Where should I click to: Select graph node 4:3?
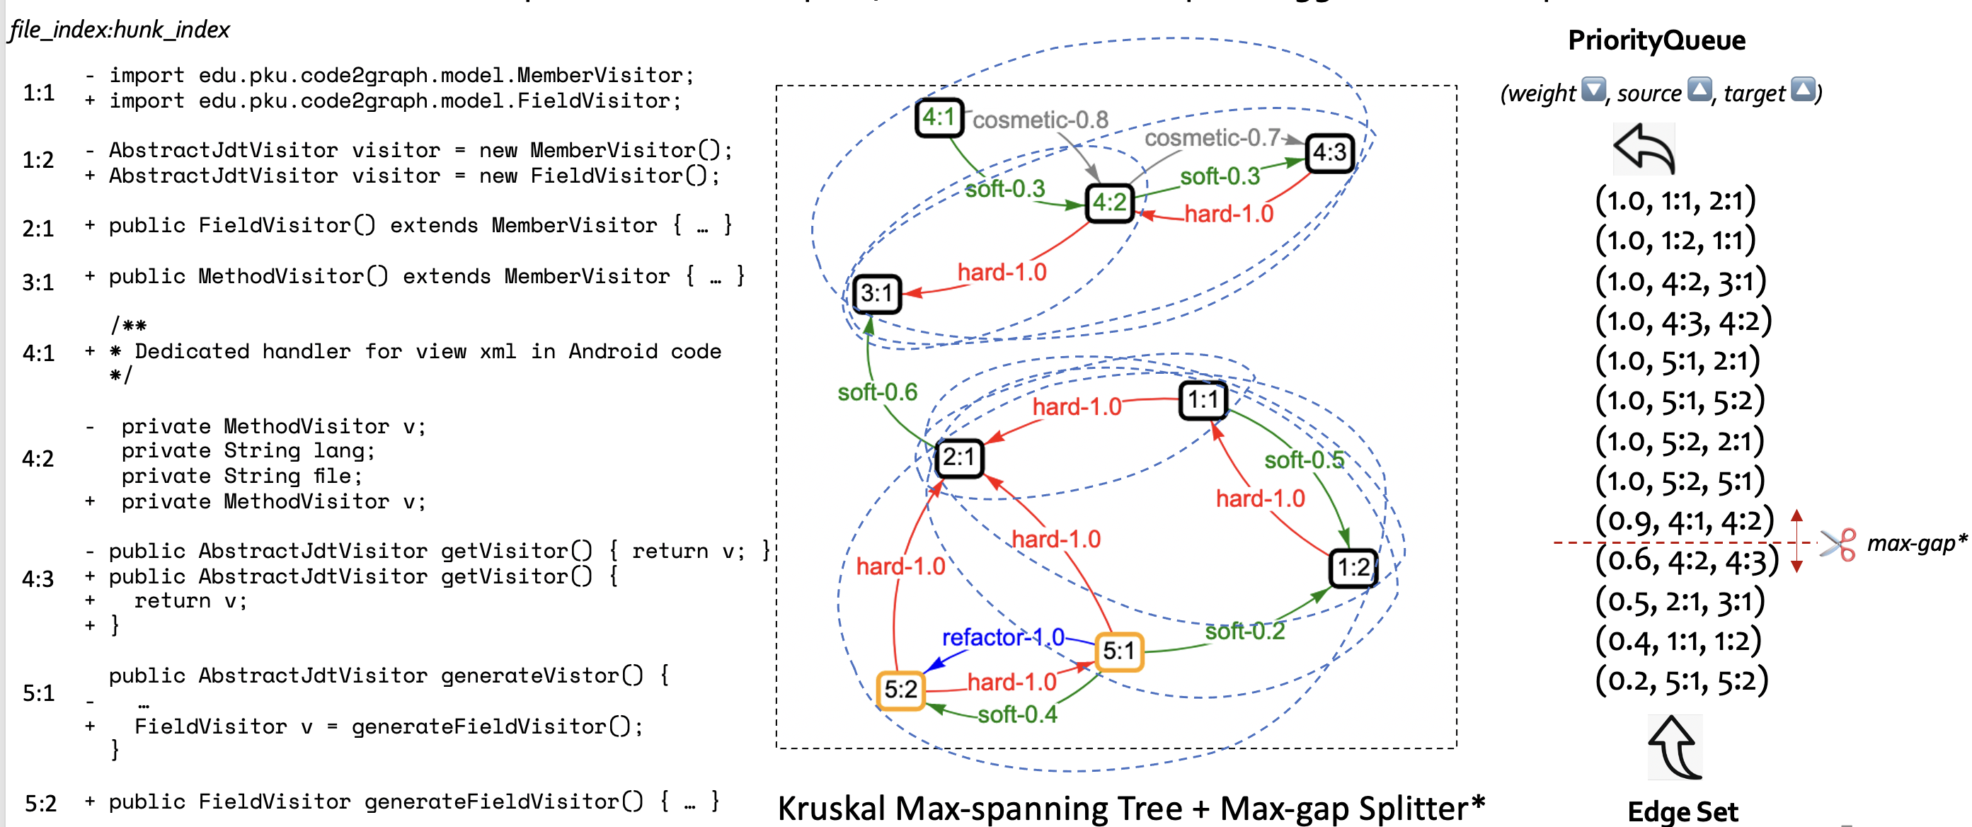(x=1330, y=152)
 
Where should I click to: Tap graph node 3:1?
(x=877, y=293)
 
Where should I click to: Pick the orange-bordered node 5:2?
(x=900, y=689)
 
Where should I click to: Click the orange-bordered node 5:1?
(x=1119, y=651)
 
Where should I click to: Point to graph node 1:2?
(x=1353, y=567)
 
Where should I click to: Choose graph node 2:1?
(x=959, y=458)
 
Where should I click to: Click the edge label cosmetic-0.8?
(x=1040, y=120)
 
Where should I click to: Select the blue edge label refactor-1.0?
(x=1002, y=637)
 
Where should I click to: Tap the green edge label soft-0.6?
(x=877, y=392)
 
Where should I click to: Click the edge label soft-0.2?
(x=1245, y=631)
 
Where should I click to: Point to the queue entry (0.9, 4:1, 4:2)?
(x=1684, y=521)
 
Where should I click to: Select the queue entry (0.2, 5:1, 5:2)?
(x=1682, y=680)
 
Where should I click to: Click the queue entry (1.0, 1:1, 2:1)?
(x=1675, y=200)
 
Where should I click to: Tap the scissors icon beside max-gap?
(x=1838, y=544)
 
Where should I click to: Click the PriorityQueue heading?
(x=1656, y=40)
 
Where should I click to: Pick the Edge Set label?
(x=1682, y=811)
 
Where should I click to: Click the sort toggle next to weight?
(x=1594, y=90)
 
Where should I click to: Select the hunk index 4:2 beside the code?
(x=38, y=459)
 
